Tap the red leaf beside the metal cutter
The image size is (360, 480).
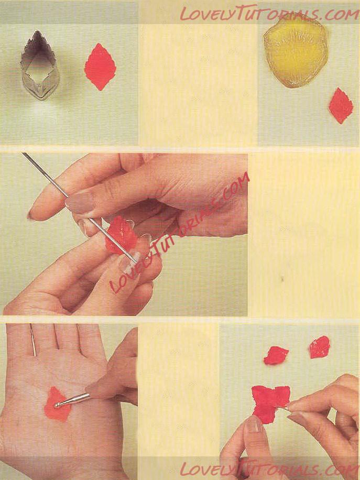100,67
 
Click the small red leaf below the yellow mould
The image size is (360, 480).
341,106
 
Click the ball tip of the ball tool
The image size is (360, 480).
57,406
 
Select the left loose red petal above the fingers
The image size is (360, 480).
276,355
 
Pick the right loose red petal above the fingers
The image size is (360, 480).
319,347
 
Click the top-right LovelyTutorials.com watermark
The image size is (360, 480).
269,14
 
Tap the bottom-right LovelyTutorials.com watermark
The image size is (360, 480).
269,468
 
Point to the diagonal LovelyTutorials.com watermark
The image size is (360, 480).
179,233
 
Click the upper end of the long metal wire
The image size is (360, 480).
23,154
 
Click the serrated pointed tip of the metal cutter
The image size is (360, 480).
37,31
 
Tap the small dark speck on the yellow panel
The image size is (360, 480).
282,279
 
